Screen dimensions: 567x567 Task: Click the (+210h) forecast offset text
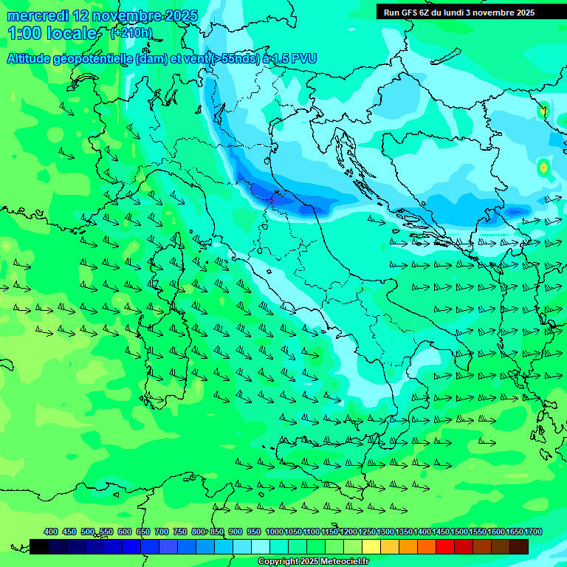click(x=131, y=33)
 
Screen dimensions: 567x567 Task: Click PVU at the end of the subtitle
click(x=303, y=59)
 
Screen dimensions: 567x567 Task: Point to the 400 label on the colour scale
click(x=51, y=532)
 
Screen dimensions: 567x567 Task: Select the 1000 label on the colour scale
click(x=274, y=532)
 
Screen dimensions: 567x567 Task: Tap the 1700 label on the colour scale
click(x=532, y=532)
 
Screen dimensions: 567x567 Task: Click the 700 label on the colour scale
click(x=162, y=532)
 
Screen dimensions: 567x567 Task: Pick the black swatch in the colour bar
click(x=39, y=546)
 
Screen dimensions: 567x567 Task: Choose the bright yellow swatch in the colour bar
click(x=371, y=546)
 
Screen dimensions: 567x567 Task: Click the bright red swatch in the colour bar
click(x=445, y=546)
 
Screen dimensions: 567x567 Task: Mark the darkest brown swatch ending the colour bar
click(x=519, y=546)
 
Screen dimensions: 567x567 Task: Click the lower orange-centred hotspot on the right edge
click(x=543, y=168)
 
